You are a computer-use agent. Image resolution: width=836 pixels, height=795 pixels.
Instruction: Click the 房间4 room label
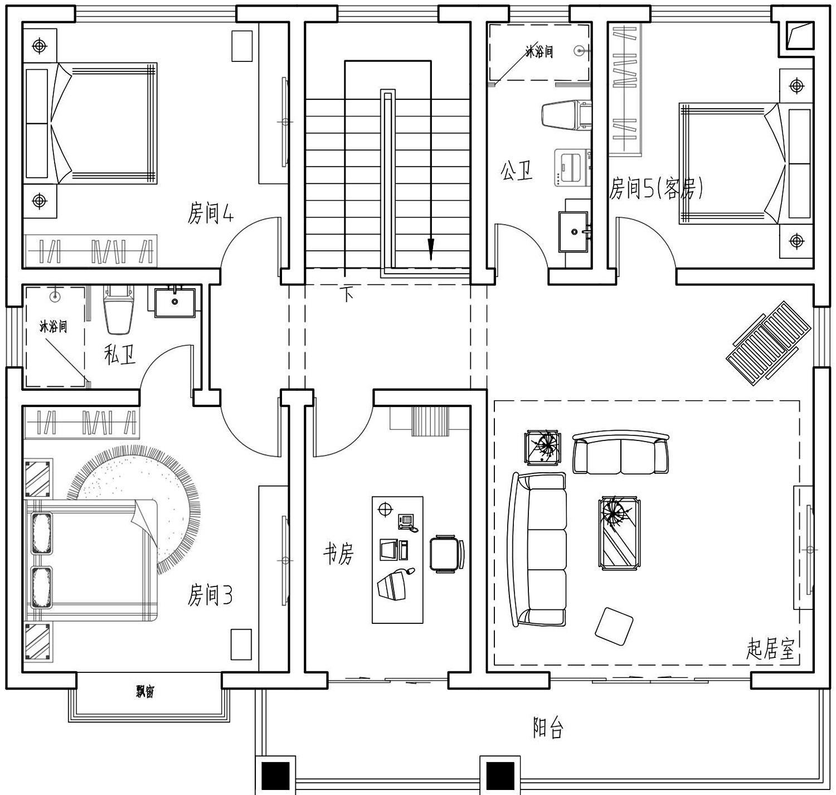pos(210,213)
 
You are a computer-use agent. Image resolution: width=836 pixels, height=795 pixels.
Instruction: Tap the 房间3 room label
pos(210,595)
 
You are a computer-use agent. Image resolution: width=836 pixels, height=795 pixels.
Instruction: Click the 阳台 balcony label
pos(548,728)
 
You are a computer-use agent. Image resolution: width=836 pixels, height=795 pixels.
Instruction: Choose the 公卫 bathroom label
pos(516,171)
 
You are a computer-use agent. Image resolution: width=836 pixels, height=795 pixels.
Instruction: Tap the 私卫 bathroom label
pos(120,355)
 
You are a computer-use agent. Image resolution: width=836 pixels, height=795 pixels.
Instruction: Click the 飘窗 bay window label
pos(145,692)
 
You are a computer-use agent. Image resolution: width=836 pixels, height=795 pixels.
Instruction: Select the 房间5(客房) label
pos(655,188)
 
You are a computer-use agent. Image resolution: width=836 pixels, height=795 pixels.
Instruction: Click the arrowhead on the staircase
pos(431,249)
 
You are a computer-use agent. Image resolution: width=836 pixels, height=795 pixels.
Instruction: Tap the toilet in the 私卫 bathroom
pos(119,309)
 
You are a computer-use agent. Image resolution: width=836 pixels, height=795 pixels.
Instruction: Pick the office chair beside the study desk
pos(446,554)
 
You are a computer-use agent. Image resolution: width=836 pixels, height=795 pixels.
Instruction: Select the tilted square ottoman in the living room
pos(614,626)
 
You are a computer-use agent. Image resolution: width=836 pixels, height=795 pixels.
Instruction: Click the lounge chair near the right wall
pos(769,343)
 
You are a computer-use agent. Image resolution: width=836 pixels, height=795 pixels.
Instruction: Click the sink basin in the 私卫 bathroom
pos(175,302)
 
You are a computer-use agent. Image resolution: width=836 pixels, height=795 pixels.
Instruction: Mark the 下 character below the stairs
pos(348,294)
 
